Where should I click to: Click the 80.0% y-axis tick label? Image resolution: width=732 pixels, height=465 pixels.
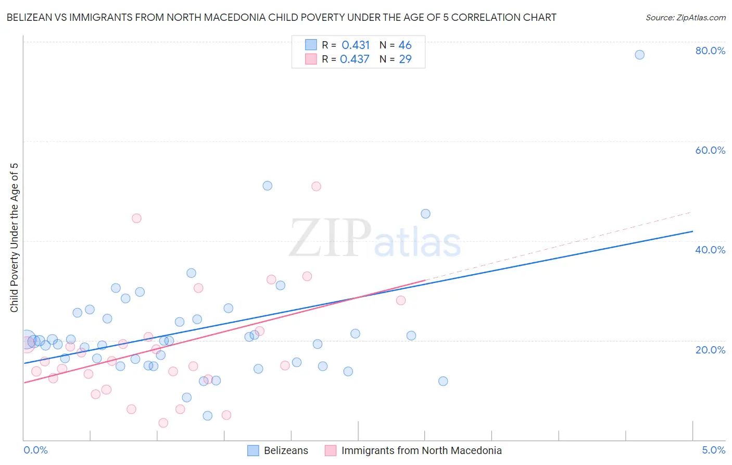(x=710, y=51)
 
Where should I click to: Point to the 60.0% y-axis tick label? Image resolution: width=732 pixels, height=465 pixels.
(x=710, y=150)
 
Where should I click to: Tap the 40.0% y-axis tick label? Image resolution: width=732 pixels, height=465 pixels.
(x=710, y=250)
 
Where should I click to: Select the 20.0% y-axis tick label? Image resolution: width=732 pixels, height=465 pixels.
(x=710, y=350)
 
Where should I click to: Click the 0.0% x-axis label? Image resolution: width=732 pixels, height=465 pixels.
(x=35, y=450)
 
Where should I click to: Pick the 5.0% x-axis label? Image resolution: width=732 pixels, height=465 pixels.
(x=713, y=450)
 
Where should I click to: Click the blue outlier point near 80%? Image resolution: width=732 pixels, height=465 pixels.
(x=640, y=55)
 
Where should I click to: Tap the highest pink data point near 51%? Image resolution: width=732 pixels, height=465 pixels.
(x=316, y=186)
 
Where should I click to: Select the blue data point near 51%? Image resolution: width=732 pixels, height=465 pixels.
(x=268, y=186)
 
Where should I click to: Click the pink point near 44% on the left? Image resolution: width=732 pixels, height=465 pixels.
(x=136, y=218)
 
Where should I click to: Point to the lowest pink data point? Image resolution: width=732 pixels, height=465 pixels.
(x=163, y=423)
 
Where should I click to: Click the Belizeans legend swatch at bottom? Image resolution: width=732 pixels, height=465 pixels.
(x=253, y=450)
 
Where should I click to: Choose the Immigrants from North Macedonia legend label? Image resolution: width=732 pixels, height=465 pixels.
(x=421, y=450)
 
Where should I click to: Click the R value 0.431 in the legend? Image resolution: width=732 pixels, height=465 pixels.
(x=356, y=45)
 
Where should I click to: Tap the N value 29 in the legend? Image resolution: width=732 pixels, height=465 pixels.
(x=405, y=59)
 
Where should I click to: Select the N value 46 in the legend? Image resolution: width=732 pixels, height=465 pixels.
(x=405, y=45)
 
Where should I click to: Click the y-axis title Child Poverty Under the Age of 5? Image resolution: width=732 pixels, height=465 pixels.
(x=14, y=238)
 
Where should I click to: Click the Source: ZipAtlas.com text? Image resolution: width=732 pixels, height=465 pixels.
(x=685, y=18)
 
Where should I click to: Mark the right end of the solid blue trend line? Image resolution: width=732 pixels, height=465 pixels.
(x=692, y=231)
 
